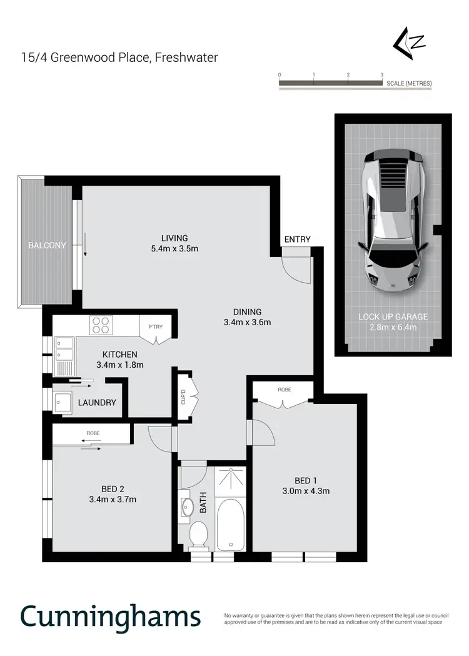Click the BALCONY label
click(47, 246)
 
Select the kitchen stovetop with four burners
click(101, 326)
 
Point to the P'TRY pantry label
click(154, 326)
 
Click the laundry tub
click(63, 403)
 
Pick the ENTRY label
click(297, 240)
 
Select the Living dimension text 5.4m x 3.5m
click(174, 249)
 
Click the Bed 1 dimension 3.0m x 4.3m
click(303, 491)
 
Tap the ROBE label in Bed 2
click(93, 433)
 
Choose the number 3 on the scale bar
click(381, 74)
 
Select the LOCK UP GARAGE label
click(393, 317)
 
